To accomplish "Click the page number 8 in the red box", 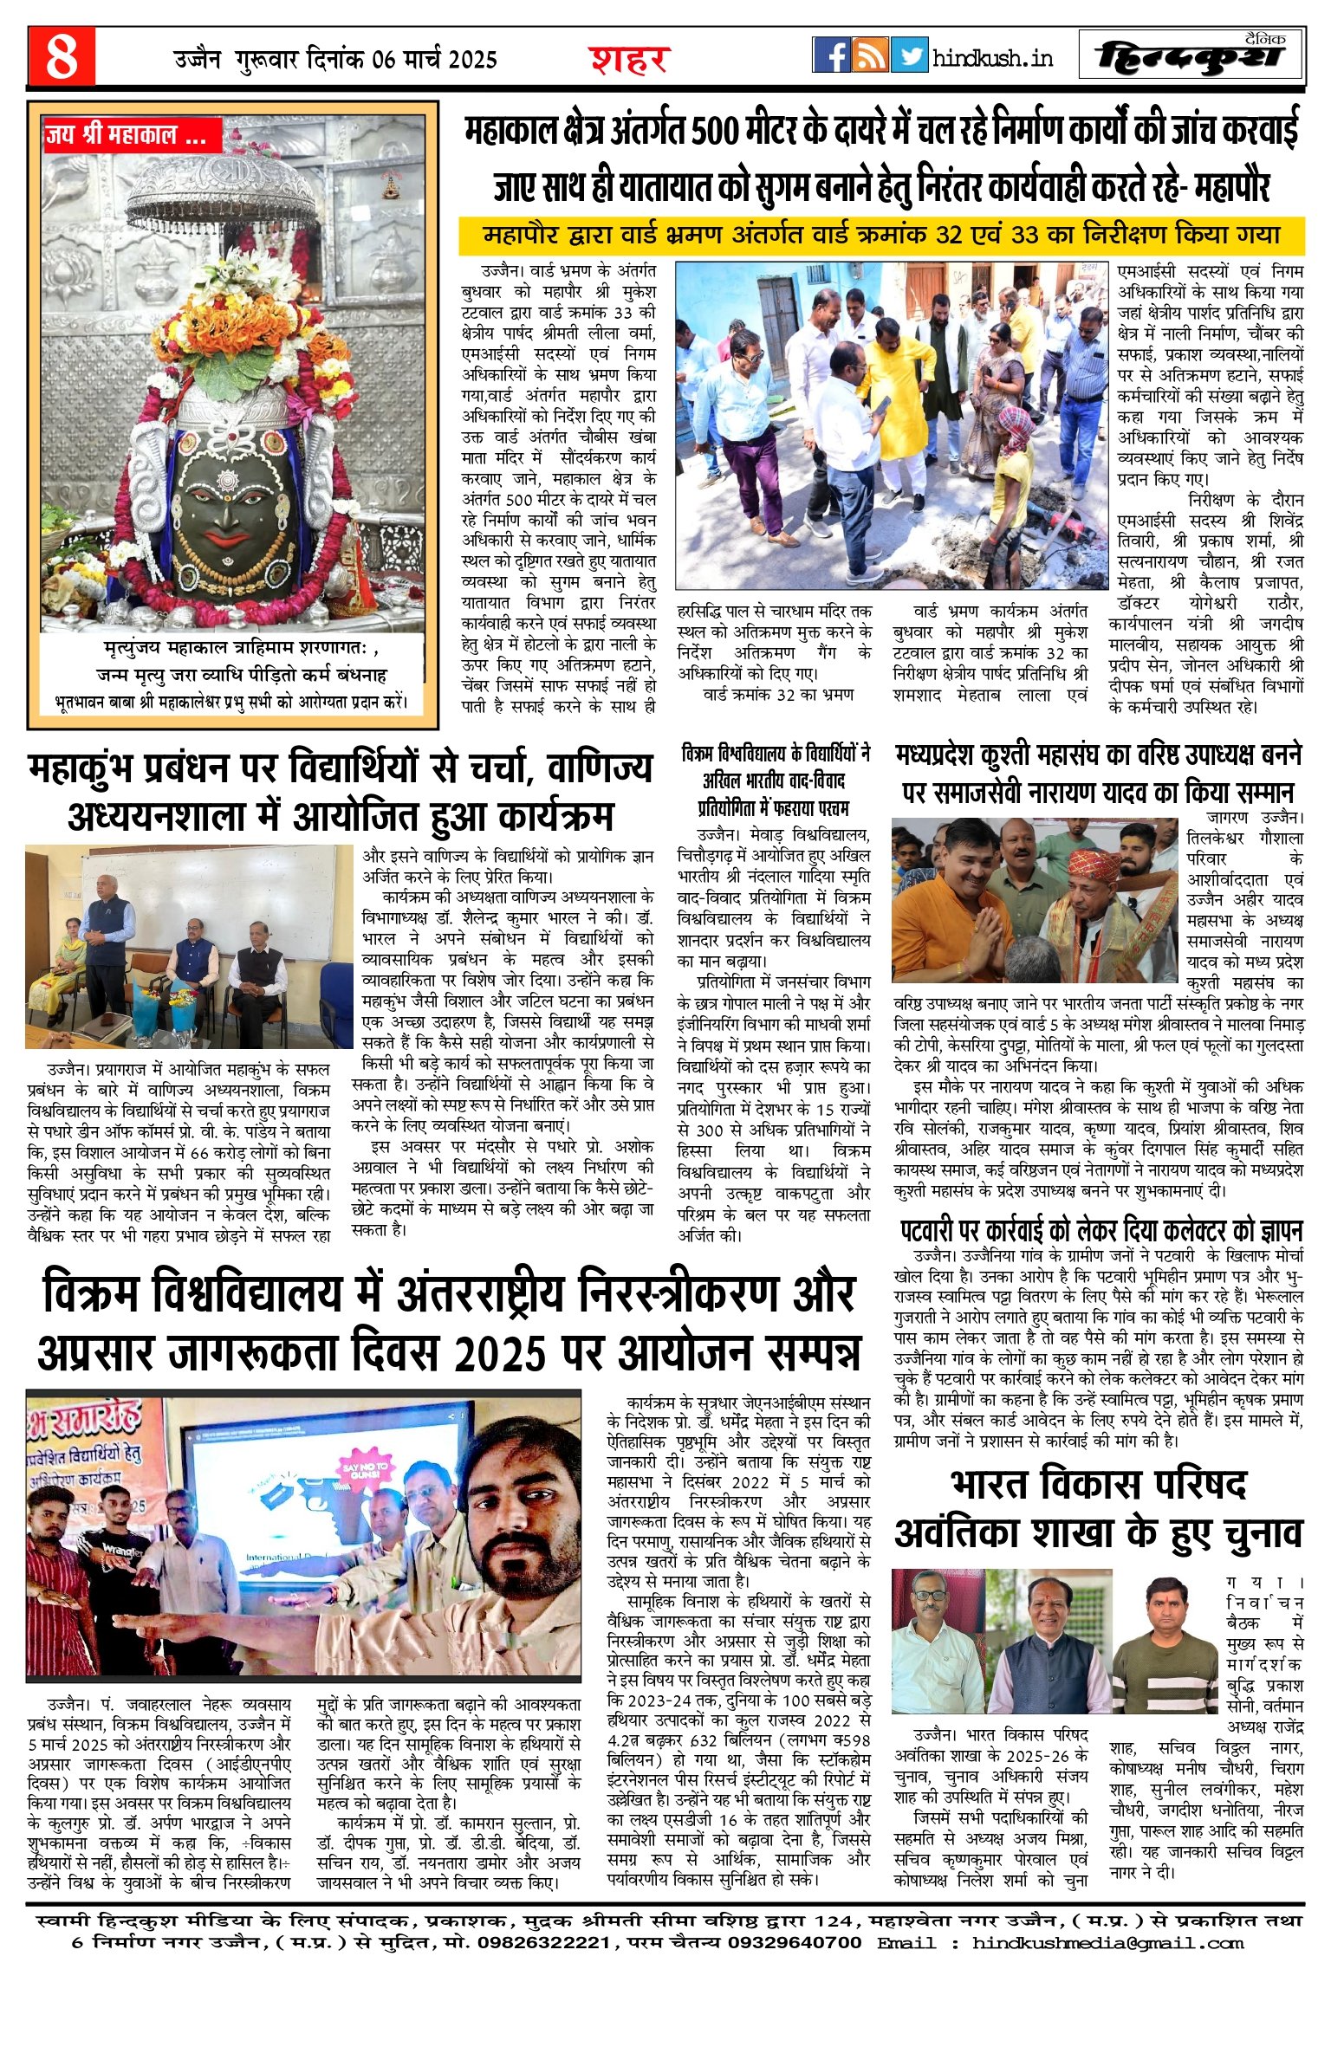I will click(x=61, y=57).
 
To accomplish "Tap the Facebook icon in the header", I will click(x=831, y=55).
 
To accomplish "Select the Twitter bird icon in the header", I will click(x=909, y=55).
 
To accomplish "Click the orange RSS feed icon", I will click(x=870, y=55).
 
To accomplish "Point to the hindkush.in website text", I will click(x=993, y=58).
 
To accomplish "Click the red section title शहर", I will click(x=630, y=59).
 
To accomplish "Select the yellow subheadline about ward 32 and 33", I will click(x=881, y=235).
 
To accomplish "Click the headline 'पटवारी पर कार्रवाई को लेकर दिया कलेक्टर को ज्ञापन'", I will click(x=1100, y=1230).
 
